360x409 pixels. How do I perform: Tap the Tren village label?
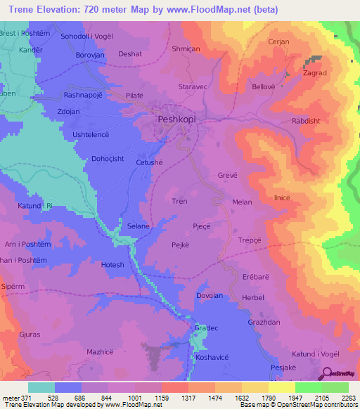(x=179, y=202)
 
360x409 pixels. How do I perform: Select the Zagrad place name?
(x=315, y=72)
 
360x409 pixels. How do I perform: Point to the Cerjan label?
(x=278, y=42)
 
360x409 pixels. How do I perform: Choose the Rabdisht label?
(x=307, y=121)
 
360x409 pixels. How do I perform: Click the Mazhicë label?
(x=99, y=349)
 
